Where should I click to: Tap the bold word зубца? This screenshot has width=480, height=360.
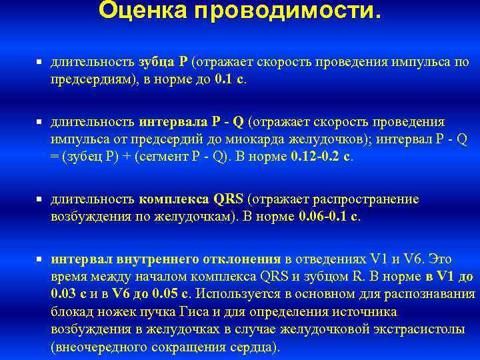click(157, 62)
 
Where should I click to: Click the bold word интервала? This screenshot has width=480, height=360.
click(174, 123)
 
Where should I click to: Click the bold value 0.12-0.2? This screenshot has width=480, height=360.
click(316, 157)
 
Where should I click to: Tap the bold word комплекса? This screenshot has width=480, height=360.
click(175, 200)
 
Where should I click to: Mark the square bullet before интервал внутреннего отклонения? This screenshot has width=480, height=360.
click(40, 258)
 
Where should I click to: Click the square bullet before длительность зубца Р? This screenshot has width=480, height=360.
click(40, 62)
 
